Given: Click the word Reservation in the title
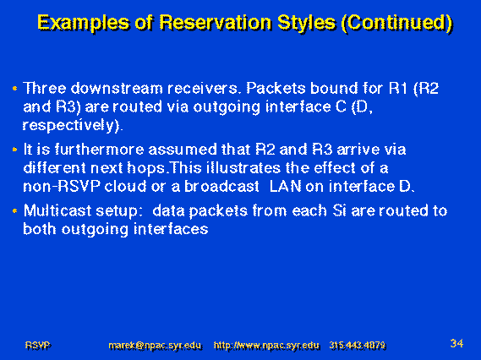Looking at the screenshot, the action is (x=216, y=22).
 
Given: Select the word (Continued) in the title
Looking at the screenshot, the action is (x=396, y=23).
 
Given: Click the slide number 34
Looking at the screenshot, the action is (x=456, y=343).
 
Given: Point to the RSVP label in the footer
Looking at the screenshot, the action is (x=37, y=346).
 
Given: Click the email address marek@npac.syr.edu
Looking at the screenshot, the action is (x=155, y=346).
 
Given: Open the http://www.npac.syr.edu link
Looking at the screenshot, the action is (x=266, y=346).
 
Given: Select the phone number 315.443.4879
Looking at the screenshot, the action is (x=358, y=346).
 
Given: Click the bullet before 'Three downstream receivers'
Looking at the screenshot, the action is (x=14, y=89).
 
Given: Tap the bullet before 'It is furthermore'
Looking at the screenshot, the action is (x=14, y=150).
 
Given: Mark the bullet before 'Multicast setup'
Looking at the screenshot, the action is (x=14, y=211).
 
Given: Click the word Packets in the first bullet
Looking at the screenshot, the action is (x=276, y=89).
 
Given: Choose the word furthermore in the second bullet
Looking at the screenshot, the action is (x=99, y=150).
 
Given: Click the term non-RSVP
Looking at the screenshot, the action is (x=62, y=187).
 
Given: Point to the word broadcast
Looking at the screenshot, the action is (x=221, y=187).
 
